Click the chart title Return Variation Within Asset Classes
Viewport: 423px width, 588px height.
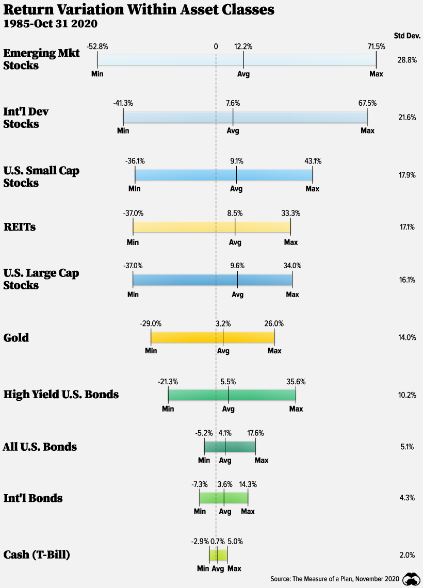(139, 10)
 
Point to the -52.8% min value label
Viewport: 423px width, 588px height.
(97, 46)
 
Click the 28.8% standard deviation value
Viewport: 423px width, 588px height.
(406, 60)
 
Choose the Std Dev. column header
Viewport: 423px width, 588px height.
(405, 35)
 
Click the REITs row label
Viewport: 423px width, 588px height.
(20, 226)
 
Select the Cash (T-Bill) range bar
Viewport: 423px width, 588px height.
(218, 555)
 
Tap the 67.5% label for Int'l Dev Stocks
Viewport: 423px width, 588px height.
(367, 103)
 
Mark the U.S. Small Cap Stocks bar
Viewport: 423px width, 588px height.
(223, 175)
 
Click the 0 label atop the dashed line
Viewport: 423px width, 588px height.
(216, 46)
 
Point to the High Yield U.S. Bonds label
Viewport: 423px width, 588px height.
(61, 395)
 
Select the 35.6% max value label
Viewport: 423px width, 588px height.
(296, 382)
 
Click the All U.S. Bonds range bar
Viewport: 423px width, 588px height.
(230, 446)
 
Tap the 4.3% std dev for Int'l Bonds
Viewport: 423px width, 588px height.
(407, 498)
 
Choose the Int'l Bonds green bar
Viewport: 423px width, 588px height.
(224, 498)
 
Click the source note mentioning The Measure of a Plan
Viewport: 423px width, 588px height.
(335, 579)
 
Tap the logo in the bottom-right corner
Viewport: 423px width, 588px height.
(411, 579)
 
